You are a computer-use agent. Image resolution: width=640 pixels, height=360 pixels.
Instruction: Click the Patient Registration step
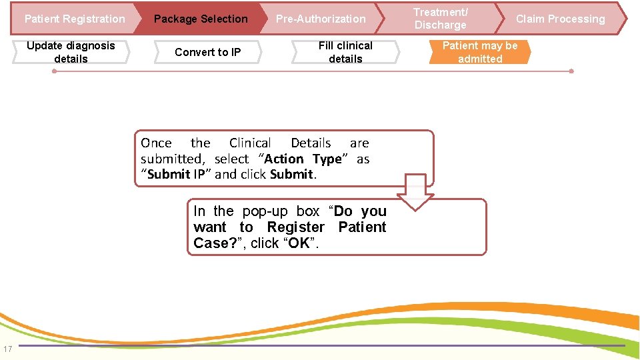coord(74,19)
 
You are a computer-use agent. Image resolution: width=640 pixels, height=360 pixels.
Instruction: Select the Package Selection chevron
coord(201,19)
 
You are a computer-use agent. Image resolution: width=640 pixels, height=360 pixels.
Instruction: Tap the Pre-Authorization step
coord(321,19)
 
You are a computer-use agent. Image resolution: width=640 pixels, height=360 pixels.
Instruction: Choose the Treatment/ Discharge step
coord(441,19)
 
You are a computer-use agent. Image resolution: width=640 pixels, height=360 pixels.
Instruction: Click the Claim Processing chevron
coord(560,19)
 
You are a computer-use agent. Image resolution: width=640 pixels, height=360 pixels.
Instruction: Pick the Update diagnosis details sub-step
coord(71,52)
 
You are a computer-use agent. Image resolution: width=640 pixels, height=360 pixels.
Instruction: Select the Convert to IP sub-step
coord(207,52)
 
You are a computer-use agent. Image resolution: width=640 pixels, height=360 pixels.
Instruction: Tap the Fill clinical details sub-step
coord(345,52)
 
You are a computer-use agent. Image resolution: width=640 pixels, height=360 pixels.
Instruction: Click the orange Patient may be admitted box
coord(480,52)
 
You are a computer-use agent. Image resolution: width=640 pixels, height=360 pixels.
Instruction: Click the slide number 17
coord(7,349)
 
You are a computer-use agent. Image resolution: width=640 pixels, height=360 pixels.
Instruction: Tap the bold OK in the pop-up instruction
coord(299,243)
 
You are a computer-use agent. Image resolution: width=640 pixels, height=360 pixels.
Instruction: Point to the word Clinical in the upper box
coord(250,143)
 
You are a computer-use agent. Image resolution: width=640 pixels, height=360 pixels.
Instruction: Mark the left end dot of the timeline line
coord(54,71)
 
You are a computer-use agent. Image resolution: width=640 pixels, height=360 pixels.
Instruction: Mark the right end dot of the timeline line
coord(571,71)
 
